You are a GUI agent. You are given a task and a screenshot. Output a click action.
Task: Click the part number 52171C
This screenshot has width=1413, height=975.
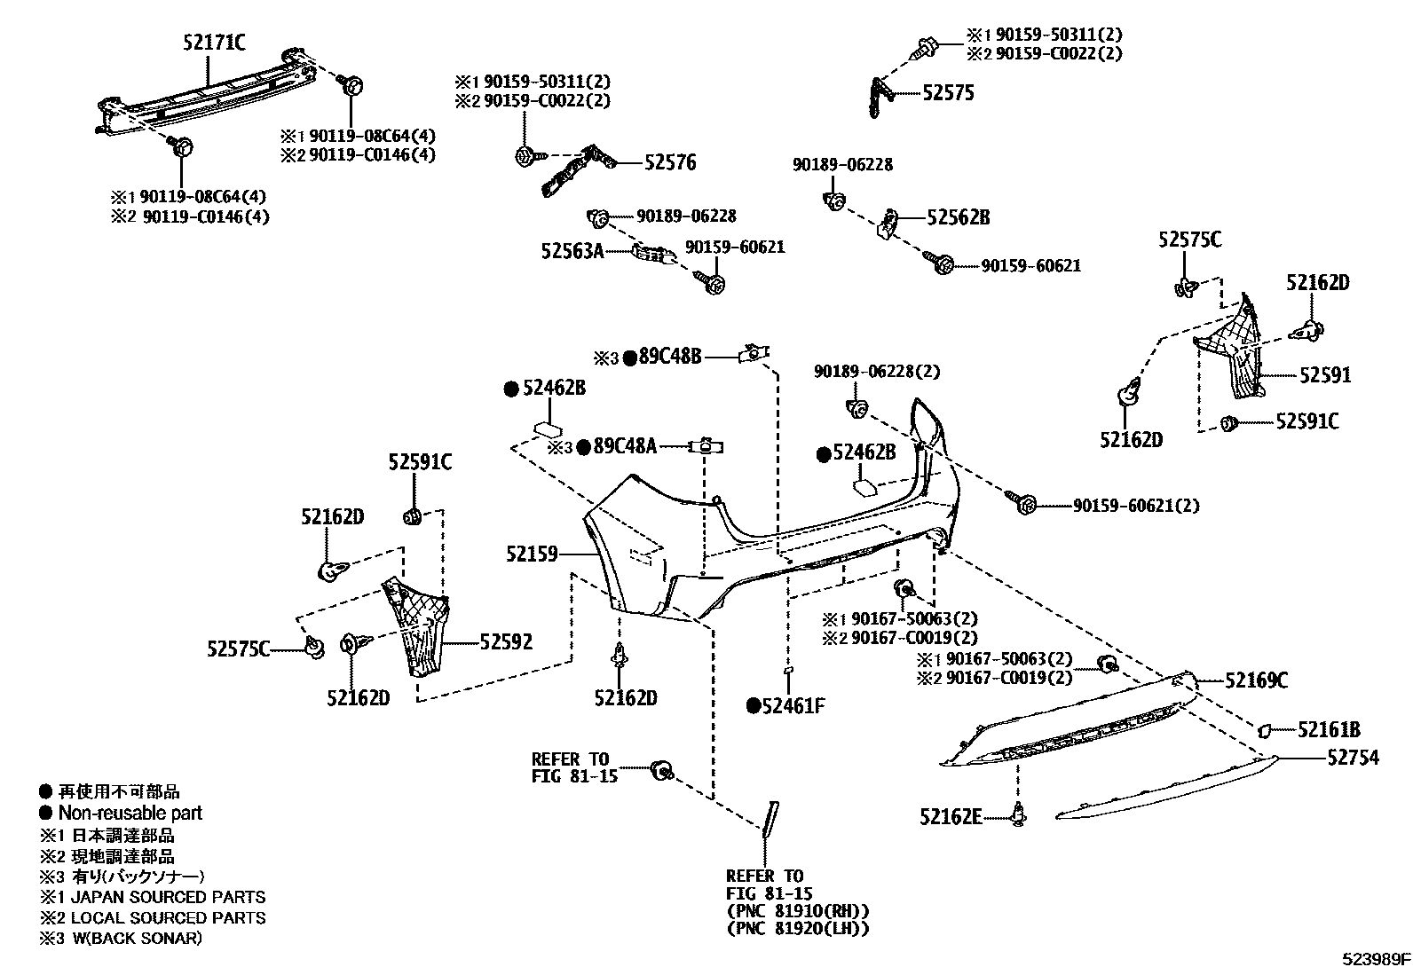[x=214, y=42]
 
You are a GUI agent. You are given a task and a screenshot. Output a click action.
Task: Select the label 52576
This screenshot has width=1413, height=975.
[x=670, y=162]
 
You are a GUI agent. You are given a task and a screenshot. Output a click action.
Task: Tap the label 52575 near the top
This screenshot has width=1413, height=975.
[x=948, y=93]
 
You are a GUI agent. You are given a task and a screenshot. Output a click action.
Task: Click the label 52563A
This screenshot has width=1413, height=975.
[x=572, y=252]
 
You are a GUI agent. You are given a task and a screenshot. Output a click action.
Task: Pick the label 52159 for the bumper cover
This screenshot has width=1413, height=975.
[x=532, y=554]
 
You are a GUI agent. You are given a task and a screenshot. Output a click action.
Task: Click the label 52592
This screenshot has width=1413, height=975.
[x=506, y=641]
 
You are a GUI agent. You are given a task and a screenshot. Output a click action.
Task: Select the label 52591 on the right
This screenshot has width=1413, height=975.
[x=1325, y=375]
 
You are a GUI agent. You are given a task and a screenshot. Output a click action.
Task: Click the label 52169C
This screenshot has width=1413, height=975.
[x=1256, y=680]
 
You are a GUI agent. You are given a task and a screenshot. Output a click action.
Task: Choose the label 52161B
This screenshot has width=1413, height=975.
[x=1328, y=730]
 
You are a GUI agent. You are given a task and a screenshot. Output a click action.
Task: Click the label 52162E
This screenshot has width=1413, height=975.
[x=951, y=816]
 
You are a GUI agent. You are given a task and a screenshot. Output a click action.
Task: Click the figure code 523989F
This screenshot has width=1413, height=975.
[x=1375, y=959]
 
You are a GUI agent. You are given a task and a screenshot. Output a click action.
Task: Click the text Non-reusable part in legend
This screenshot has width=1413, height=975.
[x=130, y=813]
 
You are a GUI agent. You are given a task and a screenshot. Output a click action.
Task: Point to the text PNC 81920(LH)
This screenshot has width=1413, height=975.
[x=797, y=929]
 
